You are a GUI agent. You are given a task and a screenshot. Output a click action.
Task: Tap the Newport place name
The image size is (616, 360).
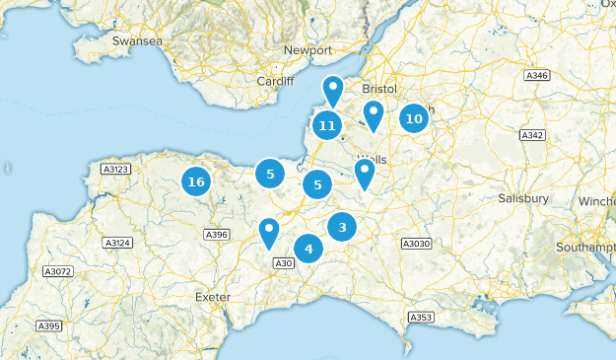[x=308, y=50]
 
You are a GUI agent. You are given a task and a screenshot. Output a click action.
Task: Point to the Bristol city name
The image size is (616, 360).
[x=378, y=89]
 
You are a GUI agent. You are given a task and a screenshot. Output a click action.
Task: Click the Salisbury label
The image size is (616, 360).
[x=523, y=198]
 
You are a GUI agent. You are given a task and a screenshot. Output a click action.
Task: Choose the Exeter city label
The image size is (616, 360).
[x=213, y=296]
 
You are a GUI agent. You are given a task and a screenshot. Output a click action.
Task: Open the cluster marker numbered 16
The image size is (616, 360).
[x=196, y=181]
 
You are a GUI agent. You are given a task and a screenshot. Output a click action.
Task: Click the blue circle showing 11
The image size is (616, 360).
[x=328, y=125]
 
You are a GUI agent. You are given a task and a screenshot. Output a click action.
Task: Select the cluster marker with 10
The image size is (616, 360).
[x=414, y=118]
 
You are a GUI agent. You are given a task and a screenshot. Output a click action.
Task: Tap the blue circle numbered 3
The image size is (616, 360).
[x=342, y=227]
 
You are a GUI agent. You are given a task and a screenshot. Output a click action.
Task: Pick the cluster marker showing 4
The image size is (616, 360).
[x=308, y=249]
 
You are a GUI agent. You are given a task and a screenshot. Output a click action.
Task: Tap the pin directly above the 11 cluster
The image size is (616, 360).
[x=334, y=90]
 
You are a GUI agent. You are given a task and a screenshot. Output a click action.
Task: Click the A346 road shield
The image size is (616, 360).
[x=537, y=75]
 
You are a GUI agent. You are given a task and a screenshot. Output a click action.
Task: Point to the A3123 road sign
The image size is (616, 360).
[x=115, y=171]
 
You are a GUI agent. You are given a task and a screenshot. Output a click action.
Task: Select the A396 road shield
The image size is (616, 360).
[x=216, y=234]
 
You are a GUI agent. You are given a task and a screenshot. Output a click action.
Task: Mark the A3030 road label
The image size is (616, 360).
[x=417, y=243]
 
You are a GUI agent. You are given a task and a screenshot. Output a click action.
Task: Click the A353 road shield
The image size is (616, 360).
[x=421, y=317]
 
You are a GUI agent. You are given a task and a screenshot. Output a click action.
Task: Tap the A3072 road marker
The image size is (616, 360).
[x=58, y=271]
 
